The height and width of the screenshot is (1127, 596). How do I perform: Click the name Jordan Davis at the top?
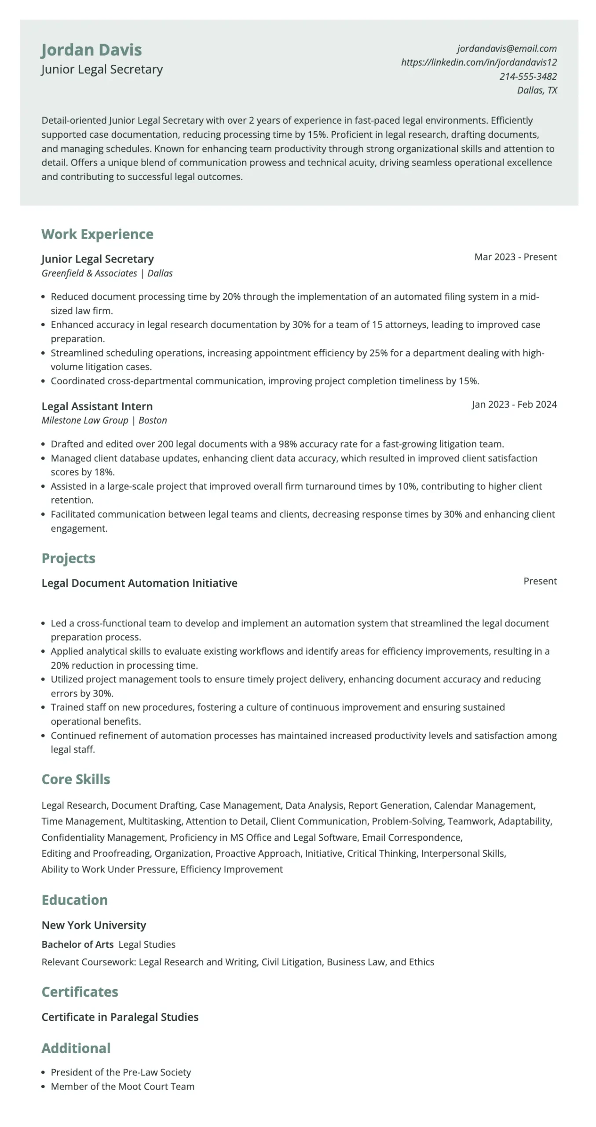click(x=91, y=50)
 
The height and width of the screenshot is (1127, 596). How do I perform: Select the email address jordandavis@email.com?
click(x=507, y=48)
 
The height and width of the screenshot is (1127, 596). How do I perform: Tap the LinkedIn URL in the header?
click(x=479, y=63)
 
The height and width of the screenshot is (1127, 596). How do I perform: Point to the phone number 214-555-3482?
click(x=528, y=77)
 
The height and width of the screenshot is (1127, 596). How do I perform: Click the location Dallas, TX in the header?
click(x=537, y=90)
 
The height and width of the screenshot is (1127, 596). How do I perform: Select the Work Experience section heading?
click(x=97, y=234)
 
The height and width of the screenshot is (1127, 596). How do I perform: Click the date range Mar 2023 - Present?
click(x=515, y=257)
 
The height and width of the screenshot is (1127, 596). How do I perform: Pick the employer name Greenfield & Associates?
click(x=89, y=273)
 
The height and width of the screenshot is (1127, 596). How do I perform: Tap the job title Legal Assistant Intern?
click(x=97, y=406)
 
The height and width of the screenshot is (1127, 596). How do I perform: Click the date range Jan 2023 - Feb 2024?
click(x=514, y=405)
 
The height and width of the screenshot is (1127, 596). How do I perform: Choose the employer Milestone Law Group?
click(x=85, y=420)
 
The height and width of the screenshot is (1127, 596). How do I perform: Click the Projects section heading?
click(x=68, y=558)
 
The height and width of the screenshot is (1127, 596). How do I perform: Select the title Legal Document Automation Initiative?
click(x=139, y=583)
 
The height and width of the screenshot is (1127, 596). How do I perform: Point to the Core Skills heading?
click(x=76, y=779)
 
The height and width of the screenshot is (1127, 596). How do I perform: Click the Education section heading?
click(x=74, y=900)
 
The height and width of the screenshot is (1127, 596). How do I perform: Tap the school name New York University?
click(x=94, y=925)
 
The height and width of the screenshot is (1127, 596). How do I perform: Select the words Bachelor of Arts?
click(x=77, y=945)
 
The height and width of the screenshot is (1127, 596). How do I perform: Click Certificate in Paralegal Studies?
click(x=120, y=1017)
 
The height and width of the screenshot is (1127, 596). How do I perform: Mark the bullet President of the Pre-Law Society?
click(x=121, y=1072)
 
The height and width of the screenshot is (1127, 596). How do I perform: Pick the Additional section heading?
click(x=76, y=1048)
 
